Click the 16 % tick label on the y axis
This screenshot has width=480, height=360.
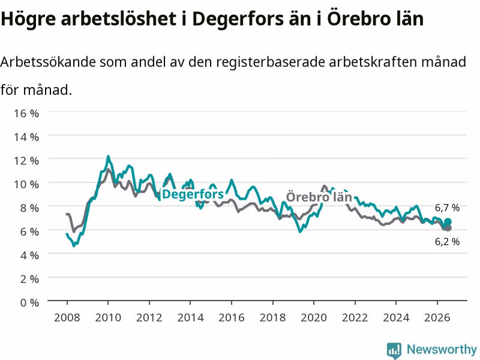pyautogui.click(x=26, y=113)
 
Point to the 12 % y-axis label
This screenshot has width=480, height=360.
pyautogui.click(x=26, y=160)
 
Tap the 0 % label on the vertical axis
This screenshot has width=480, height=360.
pyautogui.click(x=29, y=302)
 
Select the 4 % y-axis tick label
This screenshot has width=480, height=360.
pyautogui.click(x=29, y=255)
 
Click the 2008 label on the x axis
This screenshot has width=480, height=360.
pyautogui.click(x=67, y=317)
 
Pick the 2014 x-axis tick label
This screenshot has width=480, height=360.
pyautogui.click(x=190, y=317)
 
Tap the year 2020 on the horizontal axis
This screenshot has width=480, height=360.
pyautogui.click(x=314, y=317)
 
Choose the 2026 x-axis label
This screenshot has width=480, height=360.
pyautogui.click(x=437, y=317)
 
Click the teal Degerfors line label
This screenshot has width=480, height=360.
pyautogui.click(x=193, y=194)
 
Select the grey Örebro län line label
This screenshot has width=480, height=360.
pyautogui.click(x=319, y=197)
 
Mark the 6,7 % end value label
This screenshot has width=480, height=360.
pyautogui.click(x=447, y=208)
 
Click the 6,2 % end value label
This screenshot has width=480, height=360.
pyautogui.click(x=447, y=242)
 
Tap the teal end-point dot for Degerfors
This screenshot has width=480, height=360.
pyautogui.click(x=448, y=221)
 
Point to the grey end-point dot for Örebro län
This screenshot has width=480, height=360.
pyautogui.click(x=448, y=228)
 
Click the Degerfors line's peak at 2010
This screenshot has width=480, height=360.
pyautogui.click(x=108, y=157)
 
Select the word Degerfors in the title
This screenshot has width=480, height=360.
pyautogui.click(x=238, y=19)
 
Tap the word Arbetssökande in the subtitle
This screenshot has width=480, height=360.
pyautogui.click(x=48, y=62)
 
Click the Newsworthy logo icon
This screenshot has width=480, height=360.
pyautogui.click(x=394, y=350)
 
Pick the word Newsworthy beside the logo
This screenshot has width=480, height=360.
pyautogui.click(x=442, y=349)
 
